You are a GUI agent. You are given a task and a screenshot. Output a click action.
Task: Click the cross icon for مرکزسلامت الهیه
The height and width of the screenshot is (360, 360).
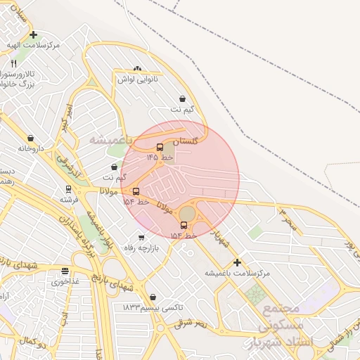coord(33,34)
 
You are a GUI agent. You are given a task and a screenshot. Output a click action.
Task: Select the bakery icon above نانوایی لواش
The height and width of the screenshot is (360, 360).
coord(137,69)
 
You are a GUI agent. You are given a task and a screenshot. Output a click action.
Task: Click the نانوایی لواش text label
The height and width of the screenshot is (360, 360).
coord(137,79)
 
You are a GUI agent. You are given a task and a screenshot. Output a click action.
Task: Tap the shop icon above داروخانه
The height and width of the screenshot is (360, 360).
coord(30,138)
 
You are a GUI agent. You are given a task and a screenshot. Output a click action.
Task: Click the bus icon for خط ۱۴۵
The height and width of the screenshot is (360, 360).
coord(160,148)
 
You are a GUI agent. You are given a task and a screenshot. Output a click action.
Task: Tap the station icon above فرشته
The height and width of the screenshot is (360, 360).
coord(68,189)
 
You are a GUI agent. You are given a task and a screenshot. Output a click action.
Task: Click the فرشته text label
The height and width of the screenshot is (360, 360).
coord(68,200)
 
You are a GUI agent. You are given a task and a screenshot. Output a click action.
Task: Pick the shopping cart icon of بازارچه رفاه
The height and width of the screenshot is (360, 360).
coord(143,238)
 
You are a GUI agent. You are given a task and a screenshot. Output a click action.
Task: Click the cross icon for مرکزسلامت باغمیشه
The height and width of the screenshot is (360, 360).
coord(237,262)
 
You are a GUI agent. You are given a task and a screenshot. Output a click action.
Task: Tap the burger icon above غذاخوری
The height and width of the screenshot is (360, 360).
coord(65,271)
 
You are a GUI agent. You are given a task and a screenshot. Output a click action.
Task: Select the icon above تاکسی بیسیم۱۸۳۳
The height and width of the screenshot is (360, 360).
coord(153,297)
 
